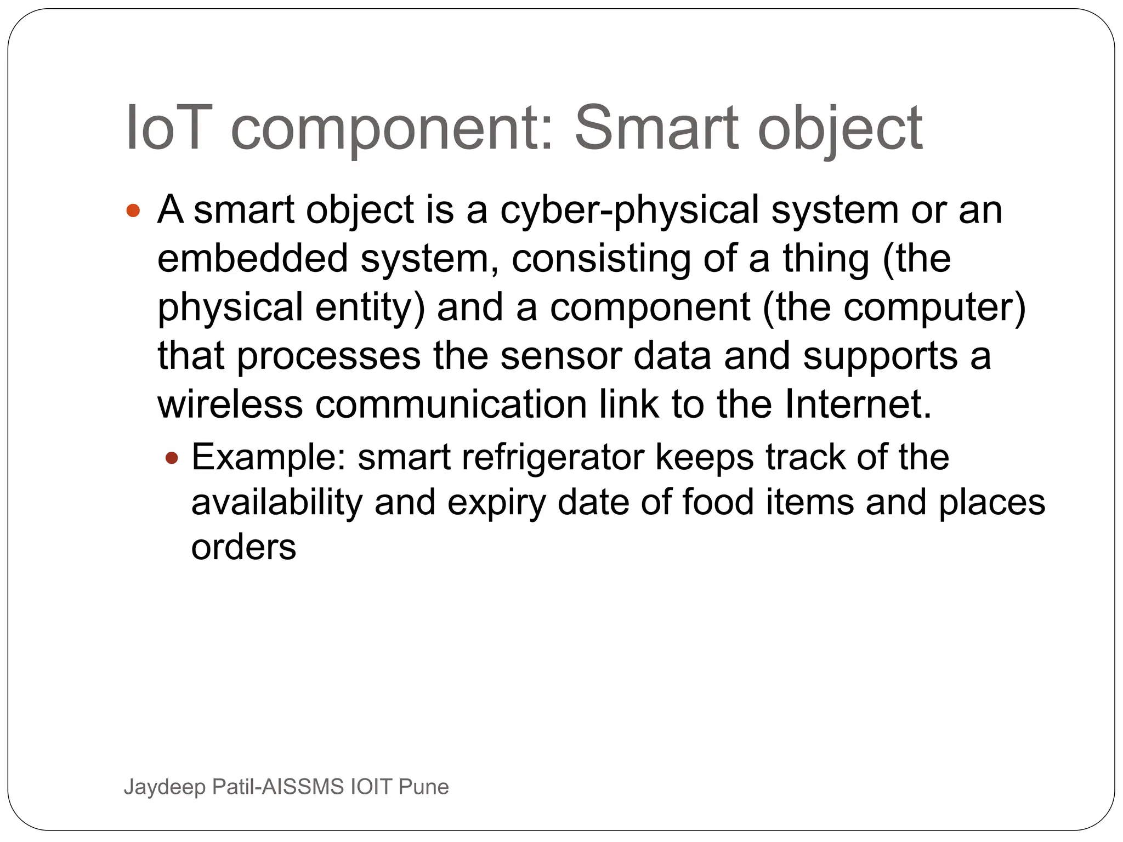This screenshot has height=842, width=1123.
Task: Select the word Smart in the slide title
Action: coord(656,128)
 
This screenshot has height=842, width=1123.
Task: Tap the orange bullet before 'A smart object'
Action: coord(133,210)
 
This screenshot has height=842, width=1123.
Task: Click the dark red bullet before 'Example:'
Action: coord(172,457)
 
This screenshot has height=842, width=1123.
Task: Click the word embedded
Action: coord(252,259)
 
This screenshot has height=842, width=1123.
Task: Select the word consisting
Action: coord(601,259)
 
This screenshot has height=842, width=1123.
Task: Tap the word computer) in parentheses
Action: coord(934,307)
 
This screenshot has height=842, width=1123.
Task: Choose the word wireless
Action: coord(230,405)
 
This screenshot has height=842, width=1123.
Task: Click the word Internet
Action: coord(858,405)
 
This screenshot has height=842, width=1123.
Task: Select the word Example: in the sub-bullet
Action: coord(269,457)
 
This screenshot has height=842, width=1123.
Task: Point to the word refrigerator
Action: coord(553,457)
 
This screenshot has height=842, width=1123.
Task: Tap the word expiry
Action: coord(496,503)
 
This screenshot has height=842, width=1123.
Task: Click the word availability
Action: coord(277,503)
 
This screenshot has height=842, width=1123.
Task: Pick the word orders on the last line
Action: coord(243,547)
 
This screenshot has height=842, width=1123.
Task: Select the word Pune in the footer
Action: coord(423,787)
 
